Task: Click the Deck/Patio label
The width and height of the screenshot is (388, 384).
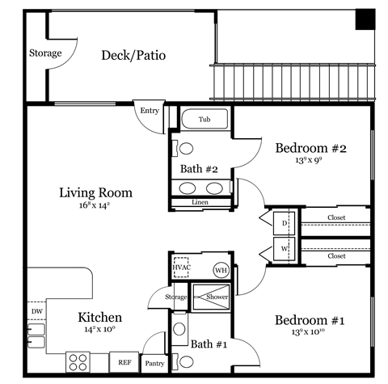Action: click(133, 55)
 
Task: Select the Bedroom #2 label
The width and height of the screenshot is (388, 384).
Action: click(310, 149)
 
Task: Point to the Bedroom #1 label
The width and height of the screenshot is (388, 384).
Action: click(310, 320)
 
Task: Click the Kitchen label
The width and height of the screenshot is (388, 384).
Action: click(99, 317)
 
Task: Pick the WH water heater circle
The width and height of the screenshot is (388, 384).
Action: click(221, 270)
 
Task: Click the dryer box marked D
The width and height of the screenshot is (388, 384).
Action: click(285, 222)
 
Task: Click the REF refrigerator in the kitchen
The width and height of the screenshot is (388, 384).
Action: click(125, 363)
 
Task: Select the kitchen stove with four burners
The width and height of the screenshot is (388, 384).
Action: click(78, 361)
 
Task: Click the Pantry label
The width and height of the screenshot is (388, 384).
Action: click(154, 364)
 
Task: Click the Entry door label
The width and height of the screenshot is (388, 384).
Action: click(150, 111)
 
